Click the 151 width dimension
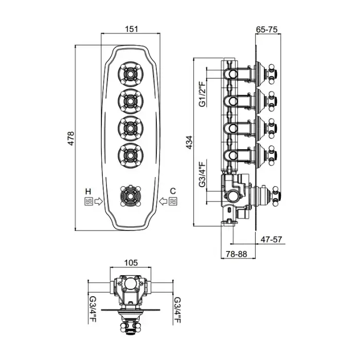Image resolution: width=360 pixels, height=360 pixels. (x=132, y=29)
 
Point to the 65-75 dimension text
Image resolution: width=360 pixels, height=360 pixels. (x=267, y=29)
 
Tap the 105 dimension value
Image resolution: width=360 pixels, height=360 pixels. (x=131, y=262)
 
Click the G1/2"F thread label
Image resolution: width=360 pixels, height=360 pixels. (x=202, y=94)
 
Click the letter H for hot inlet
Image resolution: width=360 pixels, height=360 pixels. (x=89, y=190)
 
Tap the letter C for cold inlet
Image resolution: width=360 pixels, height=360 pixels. (x=173, y=190)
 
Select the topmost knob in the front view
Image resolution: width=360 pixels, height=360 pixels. (x=131, y=73)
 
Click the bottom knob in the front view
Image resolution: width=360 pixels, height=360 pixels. (x=131, y=195)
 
